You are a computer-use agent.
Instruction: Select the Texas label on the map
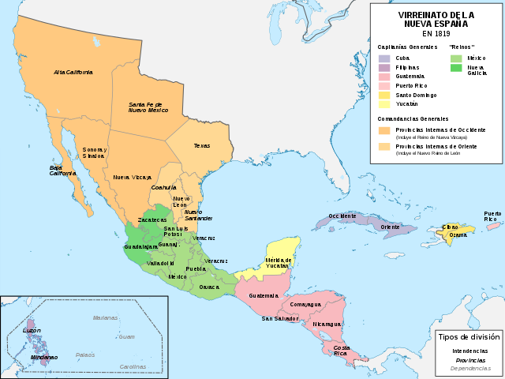click(202, 145)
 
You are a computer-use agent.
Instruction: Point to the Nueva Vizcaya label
click(132, 178)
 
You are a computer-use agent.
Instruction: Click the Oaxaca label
click(210, 287)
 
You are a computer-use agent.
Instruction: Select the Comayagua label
click(305, 303)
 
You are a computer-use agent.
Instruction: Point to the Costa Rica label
click(342, 351)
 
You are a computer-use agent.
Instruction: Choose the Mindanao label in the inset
click(43, 357)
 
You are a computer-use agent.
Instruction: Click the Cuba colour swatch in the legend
click(384, 58)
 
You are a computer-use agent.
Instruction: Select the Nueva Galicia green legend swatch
click(456, 67)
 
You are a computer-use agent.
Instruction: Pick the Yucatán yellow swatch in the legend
click(384, 104)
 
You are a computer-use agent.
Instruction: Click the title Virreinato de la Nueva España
click(436, 19)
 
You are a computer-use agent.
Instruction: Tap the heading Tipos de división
click(469, 336)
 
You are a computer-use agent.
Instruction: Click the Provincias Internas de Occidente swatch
click(384, 129)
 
